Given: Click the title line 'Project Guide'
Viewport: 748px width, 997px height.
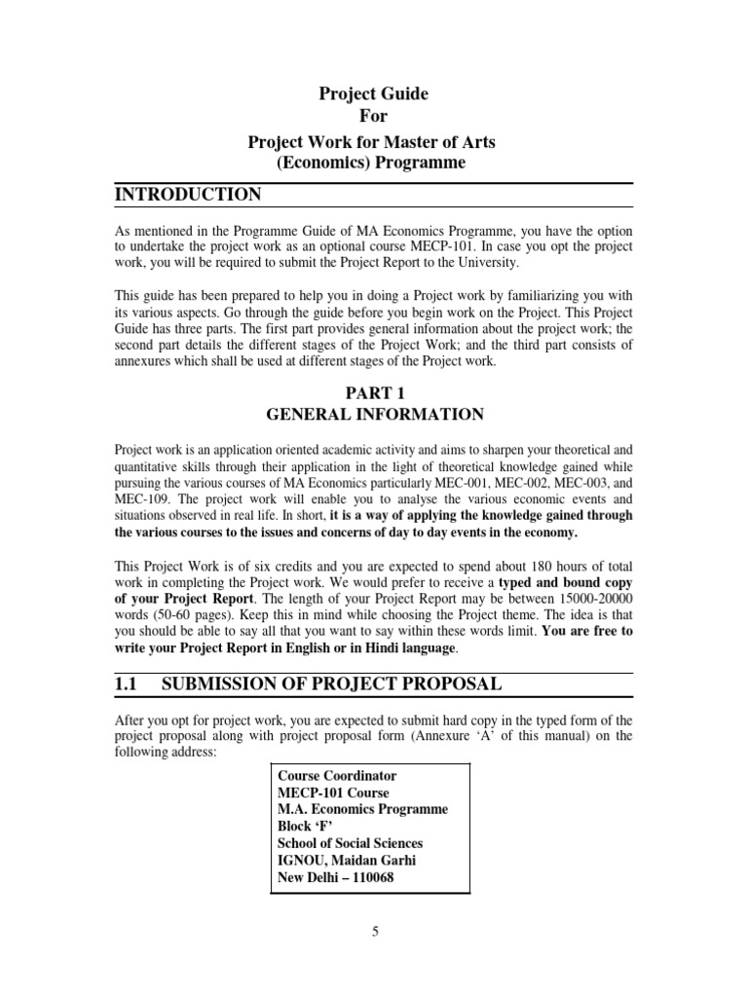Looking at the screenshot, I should tap(373, 94).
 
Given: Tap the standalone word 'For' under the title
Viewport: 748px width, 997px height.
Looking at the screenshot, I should tap(373, 118).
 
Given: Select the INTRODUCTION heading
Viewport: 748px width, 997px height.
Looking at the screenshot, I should tap(189, 195).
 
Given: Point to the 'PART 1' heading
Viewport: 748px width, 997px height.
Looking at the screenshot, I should tap(374, 392).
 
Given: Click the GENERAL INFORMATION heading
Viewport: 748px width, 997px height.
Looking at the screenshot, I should tap(374, 415).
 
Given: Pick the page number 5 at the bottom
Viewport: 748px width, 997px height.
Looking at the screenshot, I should tap(374, 932).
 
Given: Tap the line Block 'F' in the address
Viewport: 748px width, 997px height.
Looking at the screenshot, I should tap(306, 827).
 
